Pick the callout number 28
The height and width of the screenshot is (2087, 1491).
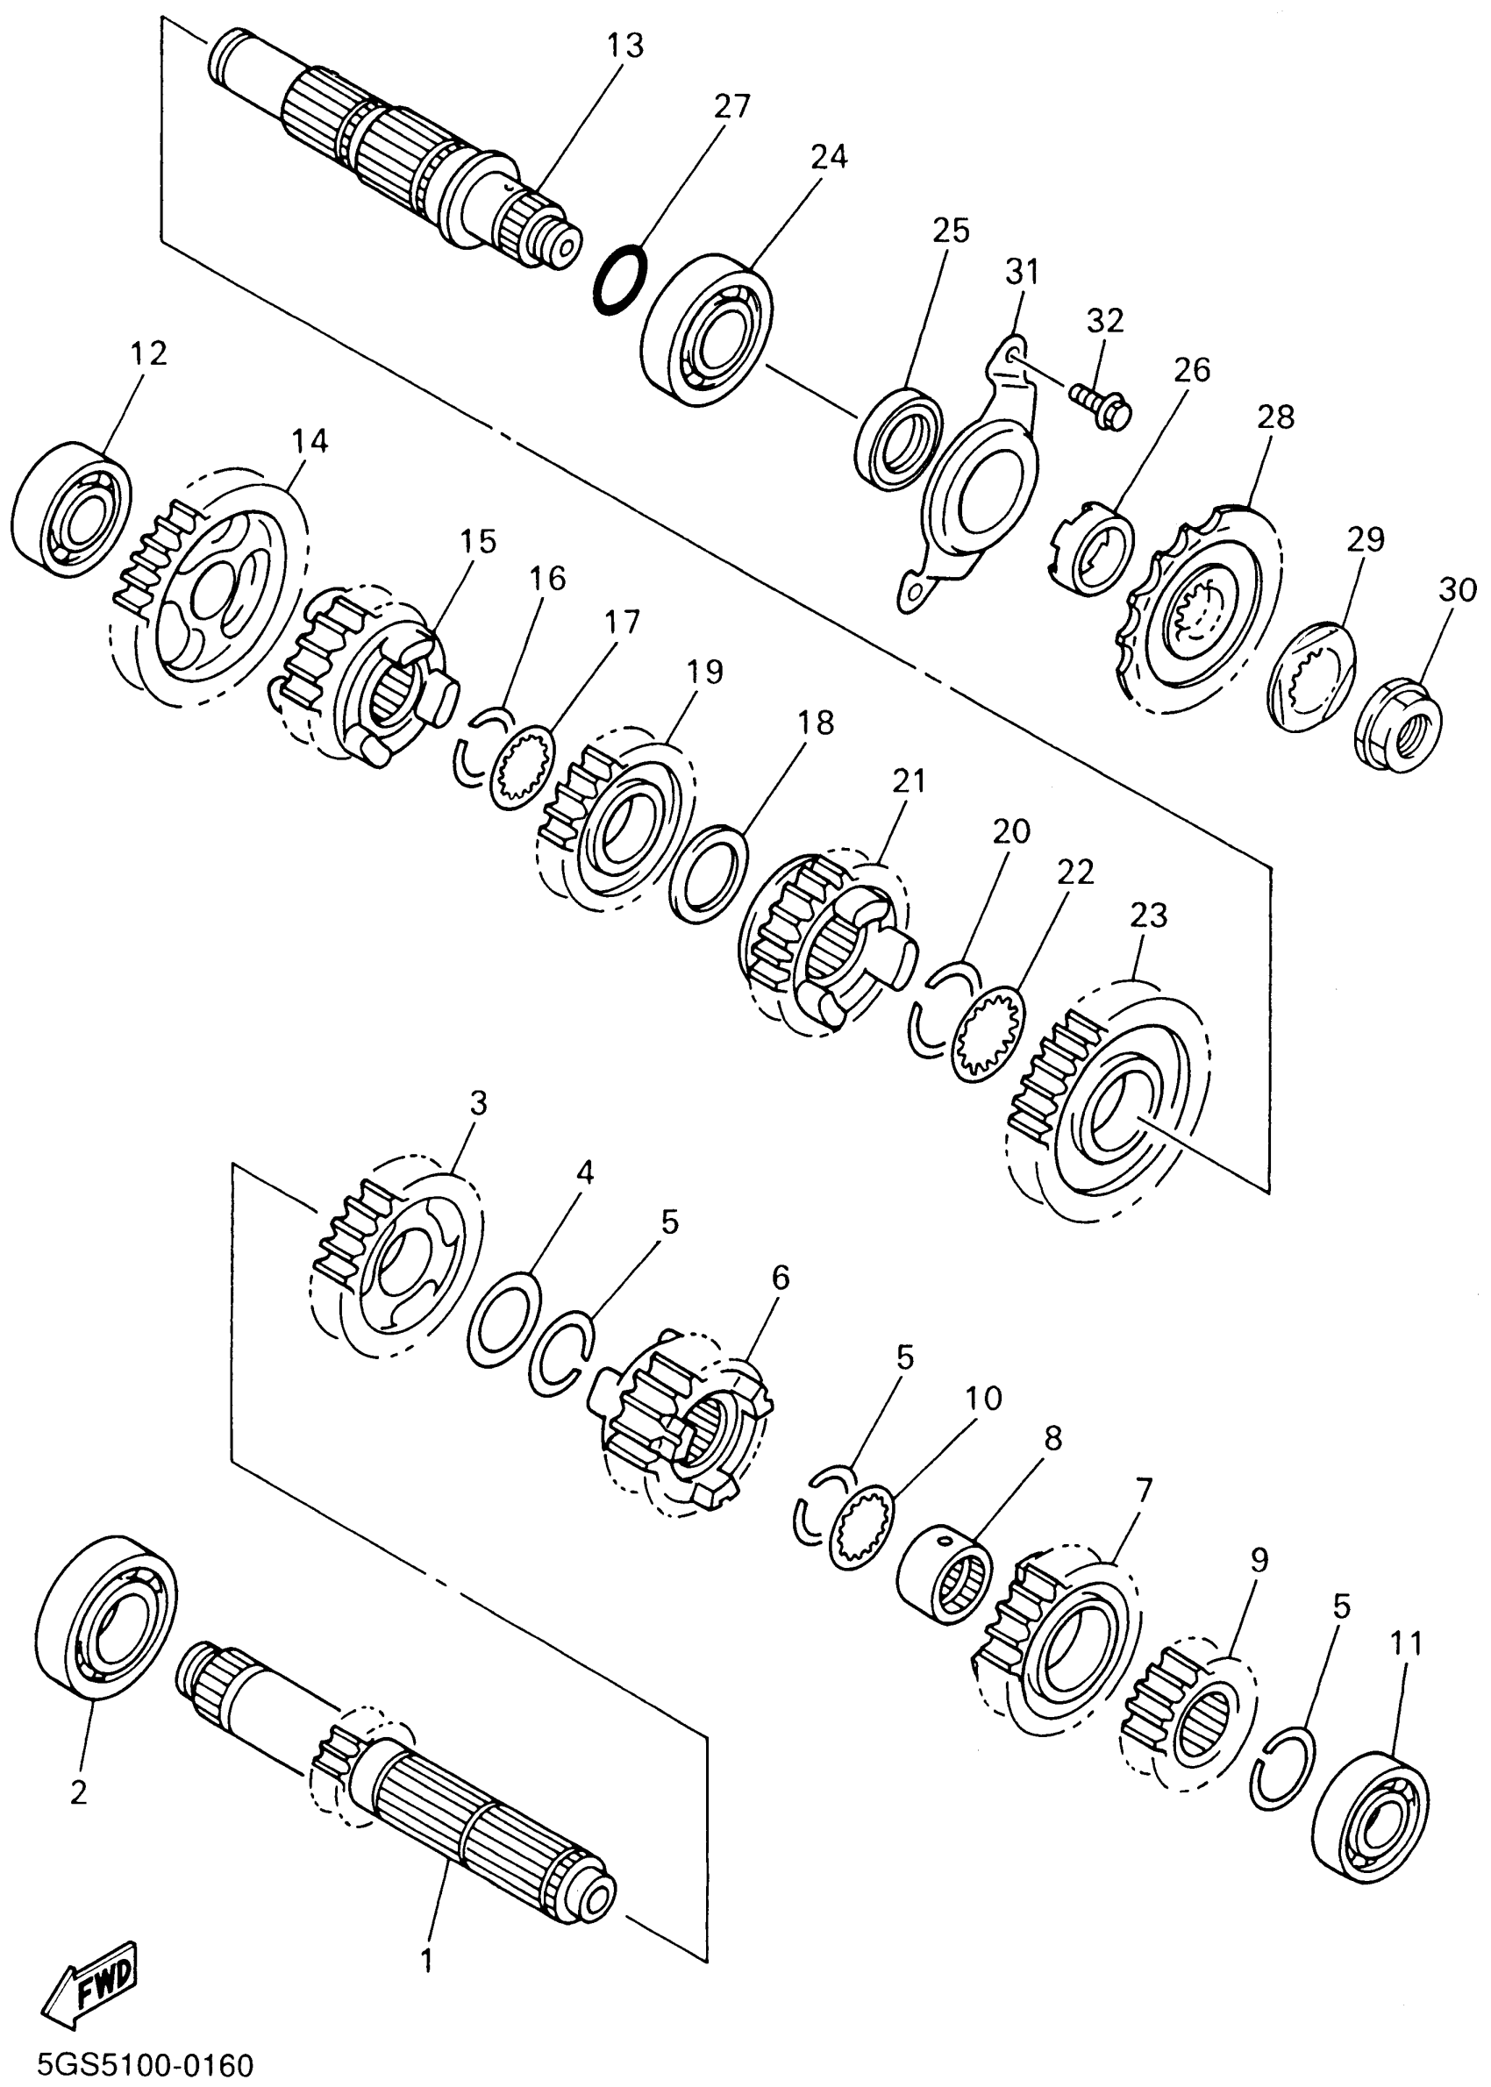pyautogui.click(x=1276, y=417)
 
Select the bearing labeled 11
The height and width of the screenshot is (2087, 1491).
pyautogui.click(x=1372, y=1812)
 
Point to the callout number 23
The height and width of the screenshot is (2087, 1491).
pyautogui.click(x=1149, y=915)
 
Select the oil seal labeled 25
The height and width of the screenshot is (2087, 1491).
pyautogui.click(x=897, y=438)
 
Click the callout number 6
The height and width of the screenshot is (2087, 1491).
pyautogui.click(x=781, y=1277)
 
